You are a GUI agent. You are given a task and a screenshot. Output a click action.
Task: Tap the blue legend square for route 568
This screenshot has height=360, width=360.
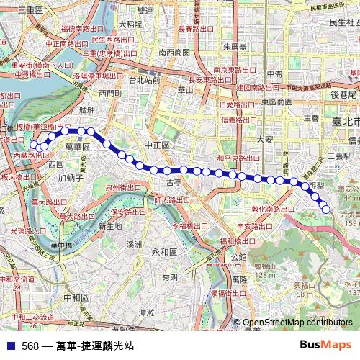9,346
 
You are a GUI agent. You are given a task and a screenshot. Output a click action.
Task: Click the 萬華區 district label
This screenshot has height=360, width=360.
77,146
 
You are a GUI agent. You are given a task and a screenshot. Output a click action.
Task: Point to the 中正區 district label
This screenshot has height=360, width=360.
156,145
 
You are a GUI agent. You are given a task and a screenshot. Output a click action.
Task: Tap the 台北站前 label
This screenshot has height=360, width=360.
144,80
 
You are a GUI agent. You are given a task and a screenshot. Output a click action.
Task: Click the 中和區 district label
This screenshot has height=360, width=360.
76,297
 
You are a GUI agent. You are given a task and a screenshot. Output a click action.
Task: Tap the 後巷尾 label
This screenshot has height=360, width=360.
344,94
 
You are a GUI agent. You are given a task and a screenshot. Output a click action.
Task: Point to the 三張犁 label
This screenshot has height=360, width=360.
339,155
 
